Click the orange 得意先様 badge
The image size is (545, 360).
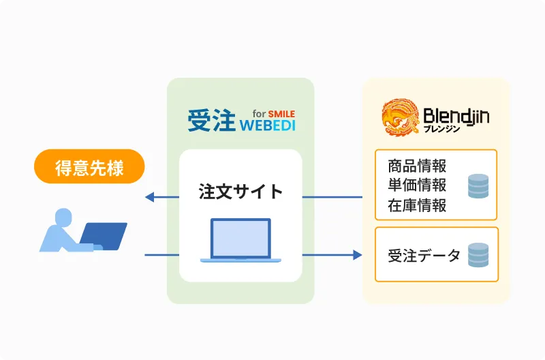(x=89, y=166)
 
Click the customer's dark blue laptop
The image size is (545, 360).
(x=104, y=236)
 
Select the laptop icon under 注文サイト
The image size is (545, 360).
(x=240, y=241)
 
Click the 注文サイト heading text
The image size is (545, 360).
(x=241, y=192)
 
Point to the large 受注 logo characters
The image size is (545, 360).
(x=212, y=121)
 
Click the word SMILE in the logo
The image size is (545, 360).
(x=281, y=114)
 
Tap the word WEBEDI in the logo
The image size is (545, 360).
(x=268, y=125)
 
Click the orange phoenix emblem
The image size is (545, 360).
(x=401, y=117)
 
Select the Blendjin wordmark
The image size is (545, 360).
(x=456, y=116)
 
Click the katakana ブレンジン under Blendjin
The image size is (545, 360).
(x=441, y=129)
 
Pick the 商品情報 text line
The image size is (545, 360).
(x=417, y=166)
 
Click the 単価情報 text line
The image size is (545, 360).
(x=417, y=185)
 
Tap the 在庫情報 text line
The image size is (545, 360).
(x=417, y=205)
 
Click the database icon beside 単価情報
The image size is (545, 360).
(x=478, y=186)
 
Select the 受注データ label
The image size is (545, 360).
(x=424, y=256)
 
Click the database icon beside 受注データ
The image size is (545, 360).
(x=478, y=255)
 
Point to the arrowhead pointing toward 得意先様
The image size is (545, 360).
(x=149, y=197)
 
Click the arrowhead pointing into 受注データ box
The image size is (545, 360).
(x=357, y=255)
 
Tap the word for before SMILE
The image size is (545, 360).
(x=260, y=114)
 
